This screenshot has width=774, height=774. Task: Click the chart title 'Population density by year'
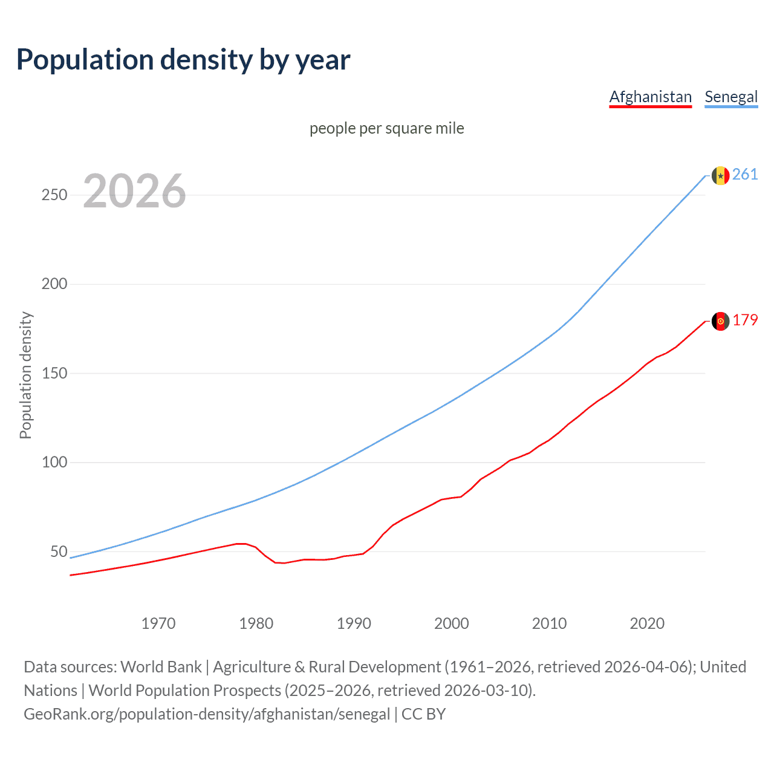pyautogui.click(x=183, y=60)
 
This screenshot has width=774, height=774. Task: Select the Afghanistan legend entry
pyautogui.click(x=650, y=97)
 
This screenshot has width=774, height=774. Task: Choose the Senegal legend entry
pyautogui.click(x=731, y=97)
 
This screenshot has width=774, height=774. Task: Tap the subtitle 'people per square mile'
pyautogui.click(x=387, y=128)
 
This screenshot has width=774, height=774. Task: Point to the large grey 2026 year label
pyautogui.click(x=134, y=191)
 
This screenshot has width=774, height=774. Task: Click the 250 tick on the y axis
pyautogui.click(x=54, y=195)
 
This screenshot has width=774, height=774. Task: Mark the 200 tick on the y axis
pyautogui.click(x=54, y=284)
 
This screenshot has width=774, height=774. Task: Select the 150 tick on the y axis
pyautogui.click(x=54, y=374)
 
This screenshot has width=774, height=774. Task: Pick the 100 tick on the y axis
pyautogui.click(x=54, y=463)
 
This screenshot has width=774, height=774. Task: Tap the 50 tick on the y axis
pyautogui.click(x=59, y=551)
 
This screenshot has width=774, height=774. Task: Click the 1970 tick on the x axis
pyautogui.click(x=158, y=623)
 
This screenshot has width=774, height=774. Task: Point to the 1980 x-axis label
pyautogui.click(x=256, y=623)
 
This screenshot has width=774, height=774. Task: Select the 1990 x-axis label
pyautogui.click(x=354, y=623)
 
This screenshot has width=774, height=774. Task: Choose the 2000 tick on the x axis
pyautogui.click(x=452, y=623)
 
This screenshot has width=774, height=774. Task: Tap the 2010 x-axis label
pyautogui.click(x=549, y=623)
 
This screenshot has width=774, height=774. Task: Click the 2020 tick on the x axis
pyautogui.click(x=647, y=623)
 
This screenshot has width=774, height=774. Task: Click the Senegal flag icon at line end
pyautogui.click(x=720, y=175)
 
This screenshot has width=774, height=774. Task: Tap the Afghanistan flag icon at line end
pyautogui.click(x=720, y=321)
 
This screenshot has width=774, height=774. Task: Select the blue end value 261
pyautogui.click(x=745, y=175)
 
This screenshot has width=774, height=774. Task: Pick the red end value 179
pyautogui.click(x=745, y=320)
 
